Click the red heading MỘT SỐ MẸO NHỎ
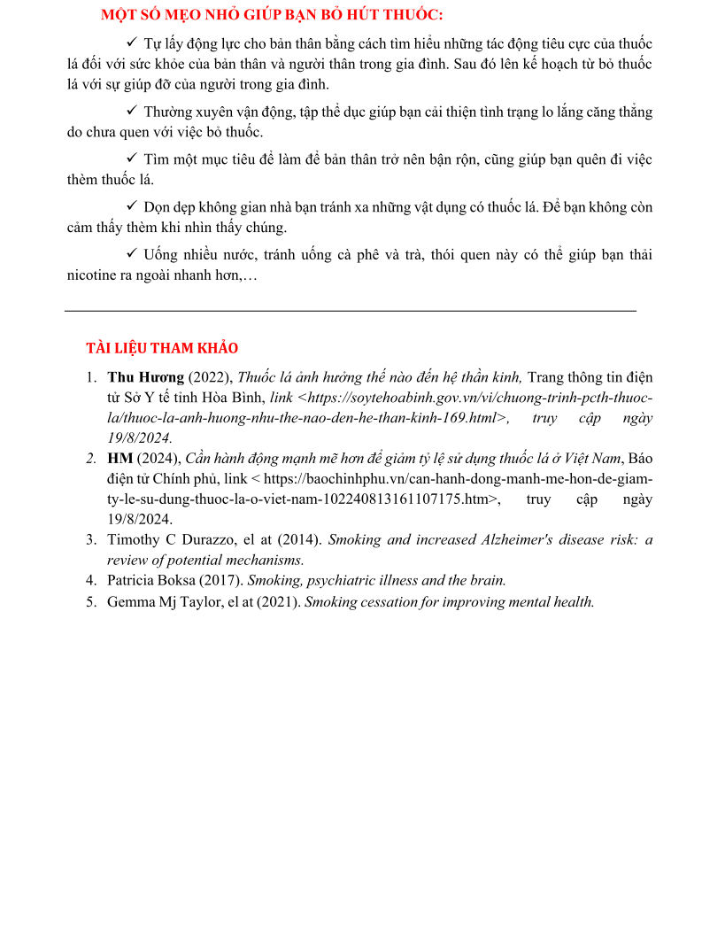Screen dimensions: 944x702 coord(272,15)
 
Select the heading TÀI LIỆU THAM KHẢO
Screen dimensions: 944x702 coord(162,348)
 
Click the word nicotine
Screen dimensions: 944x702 coord(92,275)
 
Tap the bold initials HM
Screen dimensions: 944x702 coord(120,458)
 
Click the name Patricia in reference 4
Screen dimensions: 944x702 coord(132,581)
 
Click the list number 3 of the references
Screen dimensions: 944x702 coord(90,539)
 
